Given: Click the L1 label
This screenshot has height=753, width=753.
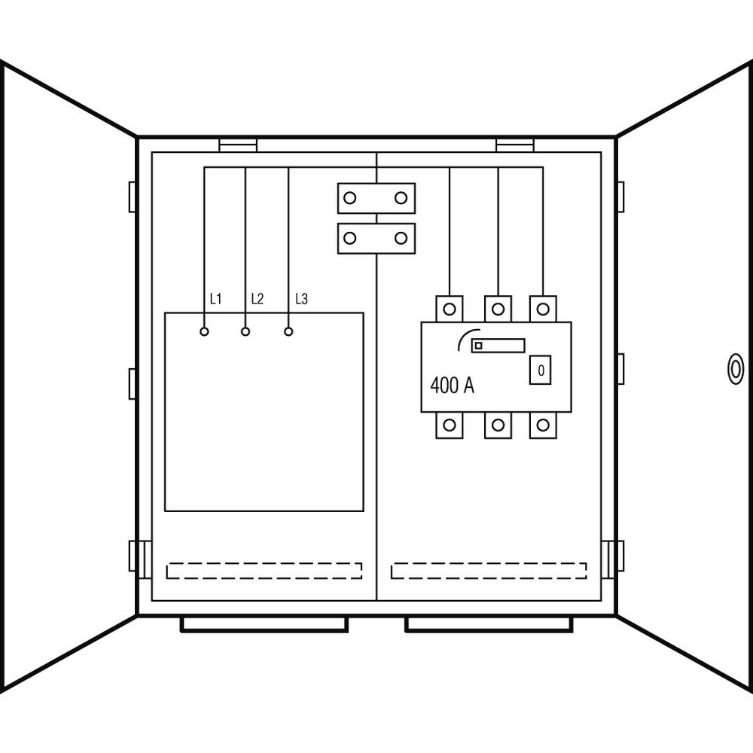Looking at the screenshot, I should [215, 299].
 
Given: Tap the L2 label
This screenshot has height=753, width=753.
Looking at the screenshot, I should [257, 299].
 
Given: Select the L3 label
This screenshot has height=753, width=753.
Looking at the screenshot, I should [301, 299].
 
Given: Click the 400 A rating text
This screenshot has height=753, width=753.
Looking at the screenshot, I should [452, 386].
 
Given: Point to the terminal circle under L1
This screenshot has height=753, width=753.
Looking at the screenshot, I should [204, 331].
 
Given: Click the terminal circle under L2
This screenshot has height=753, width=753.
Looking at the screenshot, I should [245, 331].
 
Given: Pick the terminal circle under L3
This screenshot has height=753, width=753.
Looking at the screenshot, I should [288, 331].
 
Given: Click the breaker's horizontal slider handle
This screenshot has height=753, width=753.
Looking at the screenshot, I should [498, 346].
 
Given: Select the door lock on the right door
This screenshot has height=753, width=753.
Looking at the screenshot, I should [733, 369].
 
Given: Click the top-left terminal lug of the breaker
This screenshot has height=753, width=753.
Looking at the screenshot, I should [450, 308].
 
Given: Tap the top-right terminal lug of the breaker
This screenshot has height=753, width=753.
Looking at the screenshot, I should [543, 308].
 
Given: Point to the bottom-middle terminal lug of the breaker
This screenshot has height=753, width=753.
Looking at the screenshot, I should [498, 425].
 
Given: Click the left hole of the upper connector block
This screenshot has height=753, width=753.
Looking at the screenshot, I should [349, 198].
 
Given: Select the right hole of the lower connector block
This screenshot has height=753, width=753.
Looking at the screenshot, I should [401, 239].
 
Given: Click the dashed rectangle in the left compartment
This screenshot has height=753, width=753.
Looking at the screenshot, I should [264, 571].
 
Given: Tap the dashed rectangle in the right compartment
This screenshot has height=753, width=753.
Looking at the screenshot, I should [489, 571].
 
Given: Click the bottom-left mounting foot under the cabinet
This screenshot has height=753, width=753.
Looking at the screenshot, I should [264, 624].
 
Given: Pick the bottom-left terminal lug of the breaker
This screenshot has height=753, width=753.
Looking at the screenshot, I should [450, 425].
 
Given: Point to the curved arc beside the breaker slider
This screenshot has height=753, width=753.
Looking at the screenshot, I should [465, 337].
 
